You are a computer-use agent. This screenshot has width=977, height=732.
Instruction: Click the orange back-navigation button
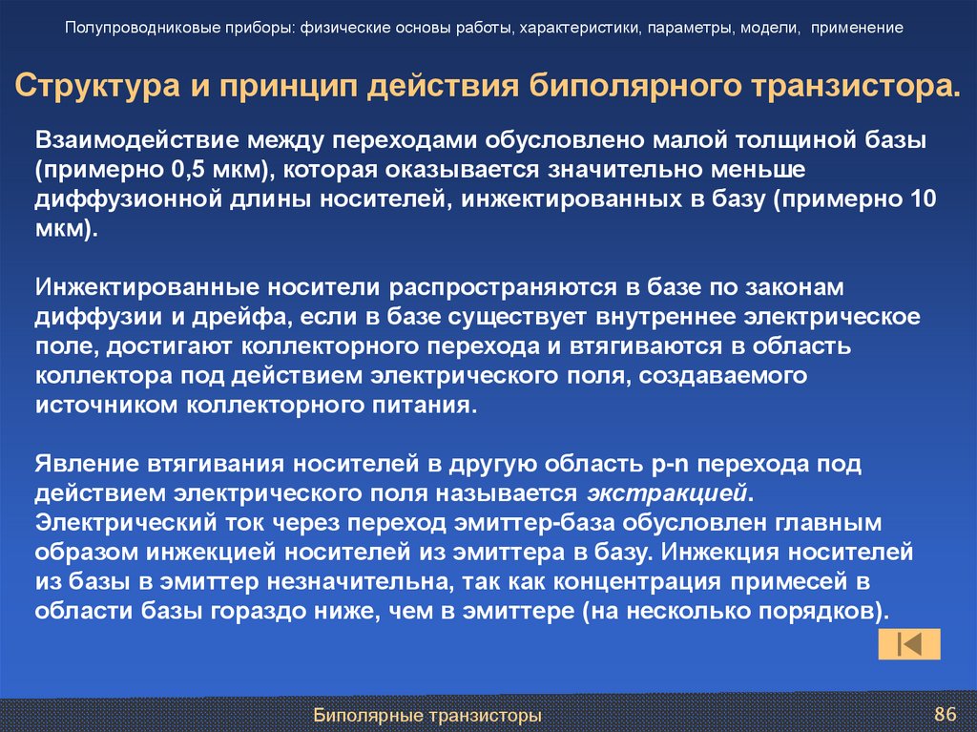coord(909,644)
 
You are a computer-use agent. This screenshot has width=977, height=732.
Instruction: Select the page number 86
coord(944,714)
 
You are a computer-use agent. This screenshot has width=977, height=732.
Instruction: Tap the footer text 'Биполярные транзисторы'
coord(428,715)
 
